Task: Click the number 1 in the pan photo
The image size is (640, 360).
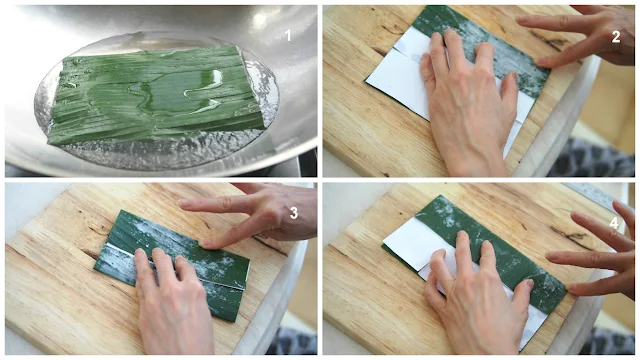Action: pos(288,35)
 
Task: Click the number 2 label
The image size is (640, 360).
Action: pos(616,37)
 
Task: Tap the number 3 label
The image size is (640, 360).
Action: pos(293,213)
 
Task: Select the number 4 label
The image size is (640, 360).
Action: pos(614,223)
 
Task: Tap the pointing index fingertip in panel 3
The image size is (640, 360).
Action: pos(203,244)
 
